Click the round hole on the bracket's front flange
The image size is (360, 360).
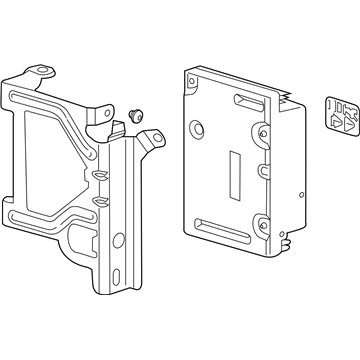[x=119, y=239]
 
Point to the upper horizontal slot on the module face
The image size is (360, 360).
[x=245, y=104]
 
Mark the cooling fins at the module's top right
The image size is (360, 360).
[x=293, y=100]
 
